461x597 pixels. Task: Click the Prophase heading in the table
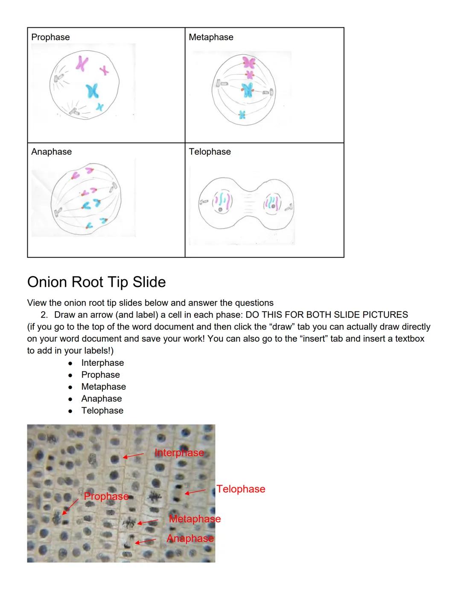(50, 37)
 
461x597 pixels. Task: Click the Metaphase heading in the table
(211, 37)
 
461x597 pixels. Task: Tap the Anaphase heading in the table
(51, 152)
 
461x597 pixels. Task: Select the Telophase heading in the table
(210, 152)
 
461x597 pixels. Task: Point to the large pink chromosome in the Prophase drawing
(82, 63)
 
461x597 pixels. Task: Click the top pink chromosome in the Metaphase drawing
(249, 63)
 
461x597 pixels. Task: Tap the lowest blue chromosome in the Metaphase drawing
(242, 114)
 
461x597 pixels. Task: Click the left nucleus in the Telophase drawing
(223, 202)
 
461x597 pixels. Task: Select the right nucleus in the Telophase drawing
(272, 202)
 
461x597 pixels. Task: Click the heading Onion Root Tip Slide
(96, 282)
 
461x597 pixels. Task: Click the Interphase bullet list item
(102, 363)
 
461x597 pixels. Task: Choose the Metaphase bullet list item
(103, 387)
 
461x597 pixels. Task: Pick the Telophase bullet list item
(102, 411)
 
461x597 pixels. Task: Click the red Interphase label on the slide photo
(179, 453)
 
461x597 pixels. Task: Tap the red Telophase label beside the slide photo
(241, 489)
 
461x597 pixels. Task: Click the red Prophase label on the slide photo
(106, 496)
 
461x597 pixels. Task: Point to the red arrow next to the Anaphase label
(146, 541)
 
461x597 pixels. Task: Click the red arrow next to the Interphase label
(133, 456)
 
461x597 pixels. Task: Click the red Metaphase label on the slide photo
(195, 519)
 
